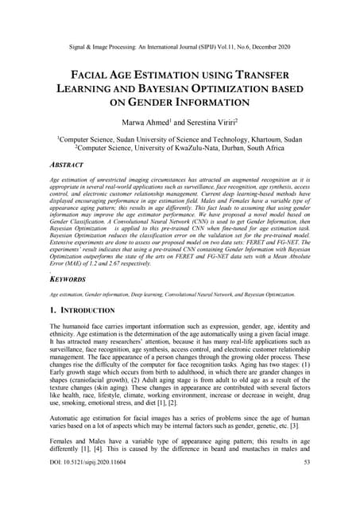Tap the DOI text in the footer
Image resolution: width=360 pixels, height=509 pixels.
click(x=92, y=484)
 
